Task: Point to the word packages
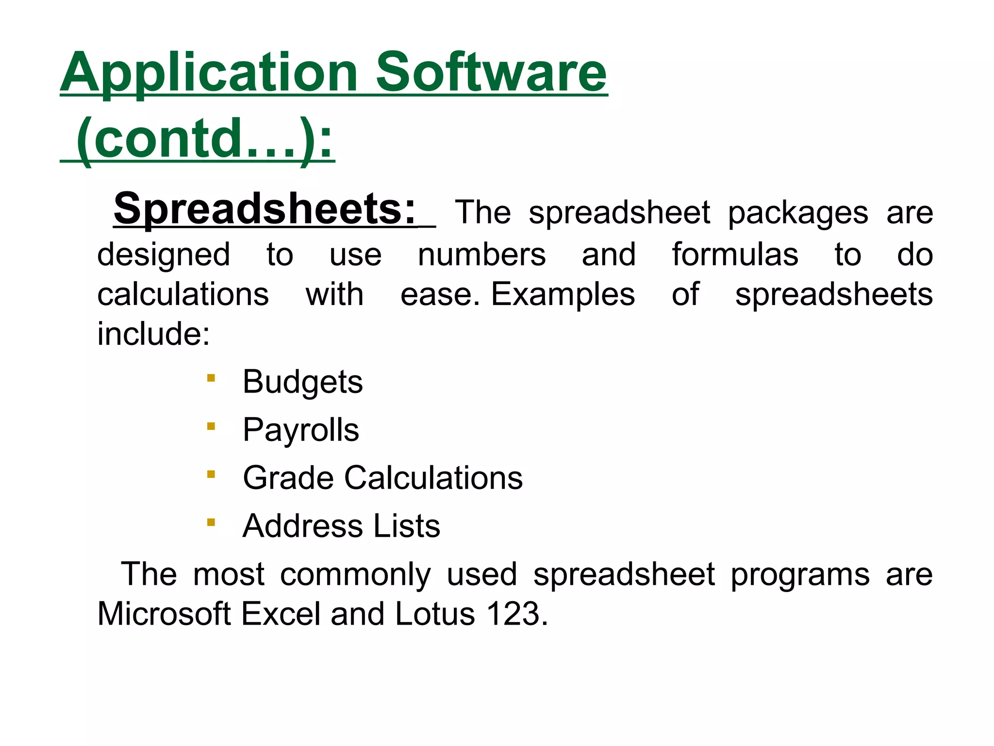798,214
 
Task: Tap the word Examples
563,295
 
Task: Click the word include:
153,334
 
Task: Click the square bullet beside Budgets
211,378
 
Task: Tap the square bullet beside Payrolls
211,426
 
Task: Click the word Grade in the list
288,478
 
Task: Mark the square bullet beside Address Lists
211,523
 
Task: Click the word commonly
355,575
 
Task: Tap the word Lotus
435,614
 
